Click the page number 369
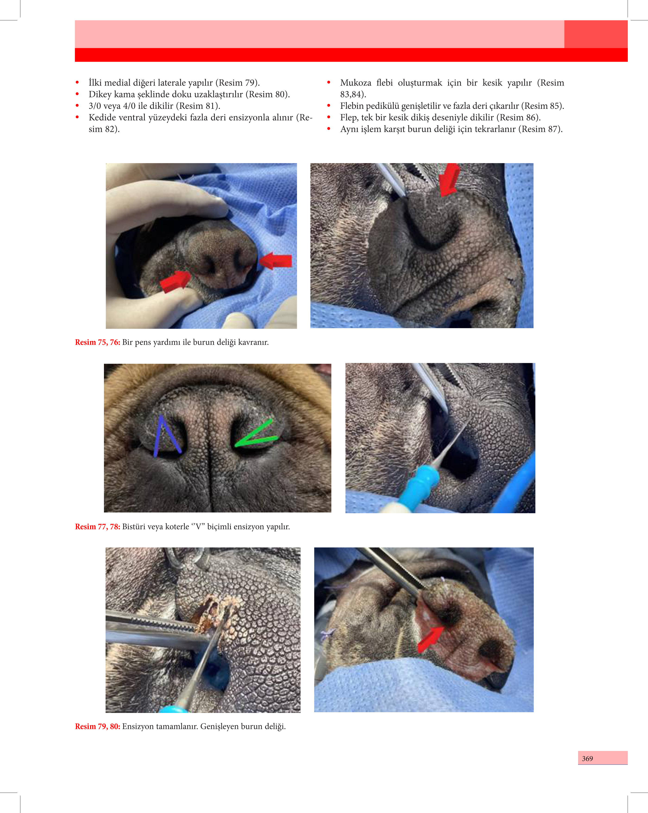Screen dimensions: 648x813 587,758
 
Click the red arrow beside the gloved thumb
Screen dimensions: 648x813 175,281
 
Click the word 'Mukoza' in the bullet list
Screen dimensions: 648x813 355,83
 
